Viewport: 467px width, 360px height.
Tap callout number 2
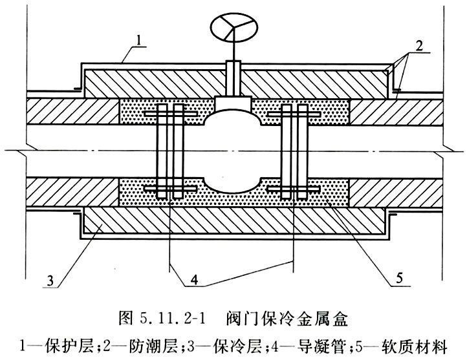point(418,46)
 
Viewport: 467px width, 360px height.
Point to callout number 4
point(194,280)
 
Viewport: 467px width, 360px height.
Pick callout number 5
point(399,278)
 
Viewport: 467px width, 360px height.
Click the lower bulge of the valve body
point(234,185)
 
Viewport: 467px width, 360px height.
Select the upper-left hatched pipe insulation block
point(72,111)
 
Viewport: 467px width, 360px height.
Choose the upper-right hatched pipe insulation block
point(395,112)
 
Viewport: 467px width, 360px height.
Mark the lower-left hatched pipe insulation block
point(72,192)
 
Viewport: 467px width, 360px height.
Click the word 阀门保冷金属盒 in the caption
point(287,319)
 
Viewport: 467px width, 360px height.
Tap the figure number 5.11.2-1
point(172,320)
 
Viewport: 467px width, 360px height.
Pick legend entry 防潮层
point(154,346)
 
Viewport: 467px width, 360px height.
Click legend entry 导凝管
point(324,346)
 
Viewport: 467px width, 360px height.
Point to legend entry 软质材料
point(415,346)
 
